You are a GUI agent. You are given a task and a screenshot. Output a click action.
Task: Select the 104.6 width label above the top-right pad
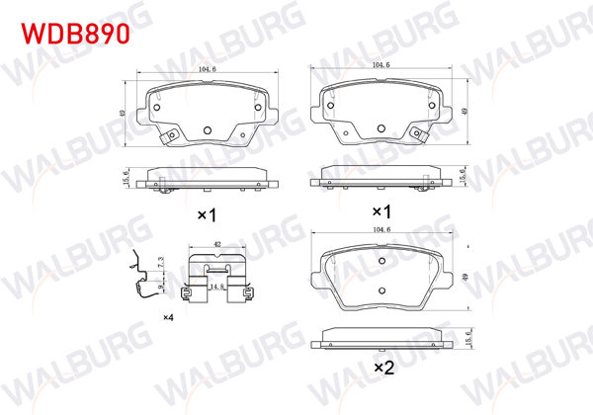tap(381, 65)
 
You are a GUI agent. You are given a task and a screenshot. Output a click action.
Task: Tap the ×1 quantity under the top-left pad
tap(206, 213)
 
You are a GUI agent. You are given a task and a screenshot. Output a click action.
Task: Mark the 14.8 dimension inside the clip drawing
tap(215, 288)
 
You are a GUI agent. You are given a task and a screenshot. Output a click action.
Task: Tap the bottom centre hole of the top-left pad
tap(208, 130)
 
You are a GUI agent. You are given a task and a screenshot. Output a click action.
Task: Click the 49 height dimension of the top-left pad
tap(123, 114)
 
